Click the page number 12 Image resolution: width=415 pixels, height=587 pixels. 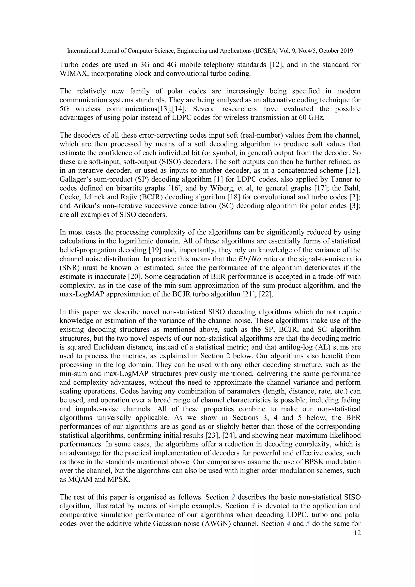click(x=357, y=533)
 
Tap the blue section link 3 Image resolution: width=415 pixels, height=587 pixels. click(x=253, y=506)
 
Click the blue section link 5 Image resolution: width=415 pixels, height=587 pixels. click(x=308, y=524)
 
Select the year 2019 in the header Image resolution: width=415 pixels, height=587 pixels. click(x=347, y=51)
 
